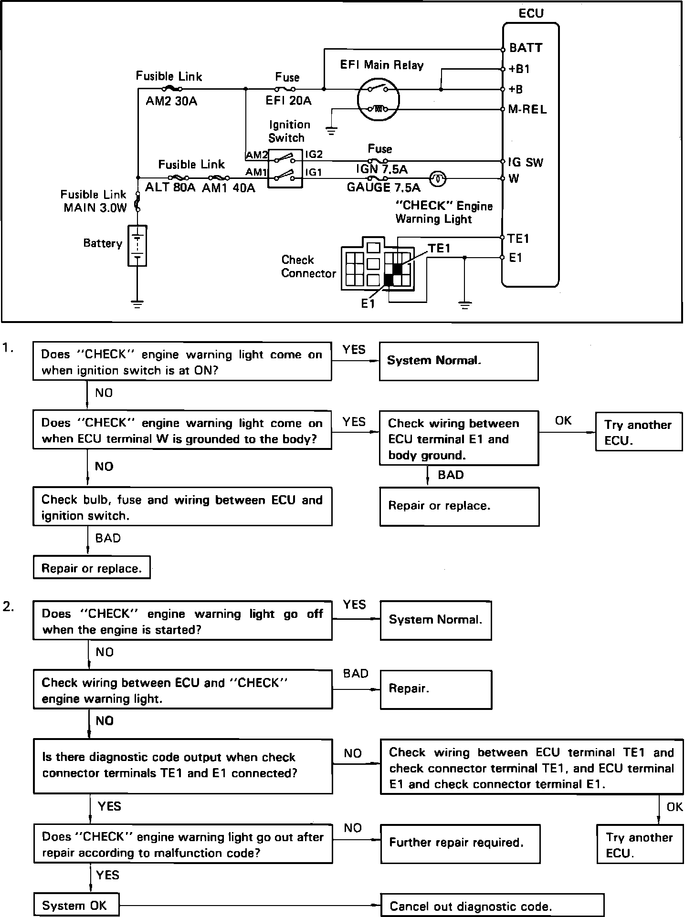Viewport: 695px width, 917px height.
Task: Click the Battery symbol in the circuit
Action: [137, 246]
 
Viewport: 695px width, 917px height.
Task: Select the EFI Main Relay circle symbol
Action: [379, 99]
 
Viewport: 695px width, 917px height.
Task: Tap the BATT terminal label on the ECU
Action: [526, 48]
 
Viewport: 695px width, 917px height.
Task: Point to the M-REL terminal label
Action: [527, 109]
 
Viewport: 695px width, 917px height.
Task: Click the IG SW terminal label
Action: [526, 162]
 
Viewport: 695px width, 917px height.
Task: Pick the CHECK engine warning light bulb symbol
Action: [438, 179]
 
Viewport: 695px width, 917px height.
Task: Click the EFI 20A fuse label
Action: [288, 101]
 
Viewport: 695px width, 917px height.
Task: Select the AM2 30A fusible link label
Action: [171, 101]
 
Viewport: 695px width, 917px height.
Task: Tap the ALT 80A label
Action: [170, 188]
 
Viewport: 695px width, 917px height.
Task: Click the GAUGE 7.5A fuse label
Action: [383, 187]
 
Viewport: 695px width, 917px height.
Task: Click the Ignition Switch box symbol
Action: [285, 167]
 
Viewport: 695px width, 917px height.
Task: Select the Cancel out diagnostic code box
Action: [492, 906]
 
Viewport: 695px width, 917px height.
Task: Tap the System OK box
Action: [76, 905]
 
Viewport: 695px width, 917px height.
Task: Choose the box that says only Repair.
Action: [435, 689]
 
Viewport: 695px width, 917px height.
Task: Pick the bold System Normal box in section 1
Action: [459, 361]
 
